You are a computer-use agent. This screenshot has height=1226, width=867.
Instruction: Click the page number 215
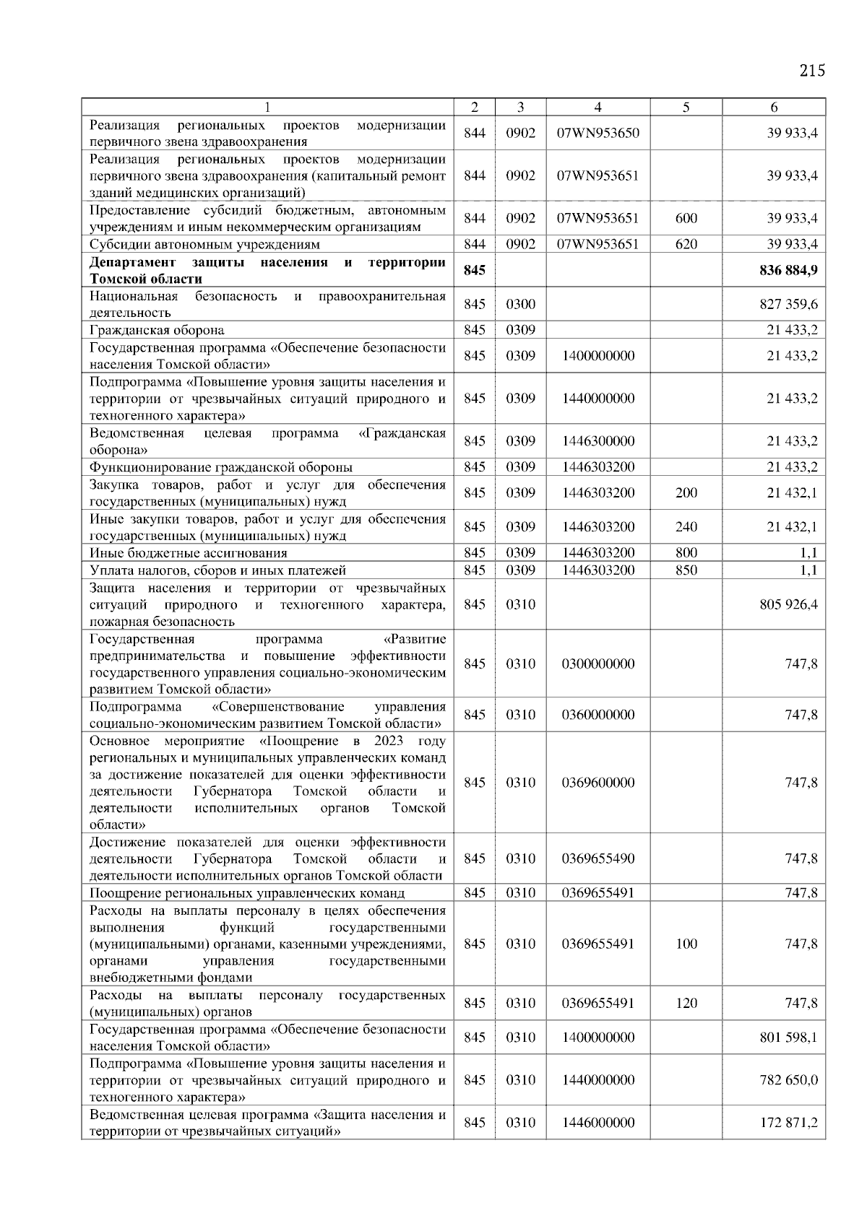(x=812, y=71)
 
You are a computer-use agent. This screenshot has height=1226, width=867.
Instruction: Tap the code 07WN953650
(x=598, y=133)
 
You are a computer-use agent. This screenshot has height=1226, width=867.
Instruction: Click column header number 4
(x=598, y=107)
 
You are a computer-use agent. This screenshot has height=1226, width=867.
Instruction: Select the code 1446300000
(x=598, y=441)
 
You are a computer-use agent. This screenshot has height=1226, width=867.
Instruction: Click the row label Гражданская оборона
(x=157, y=330)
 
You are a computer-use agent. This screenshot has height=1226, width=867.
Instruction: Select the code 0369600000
(x=598, y=783)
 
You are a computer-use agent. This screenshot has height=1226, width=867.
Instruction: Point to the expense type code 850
(x=686, y=570)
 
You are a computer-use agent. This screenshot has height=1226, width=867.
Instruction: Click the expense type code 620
(x=686, y=244)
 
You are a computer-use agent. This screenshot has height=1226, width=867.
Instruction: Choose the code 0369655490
(x=598, y=858)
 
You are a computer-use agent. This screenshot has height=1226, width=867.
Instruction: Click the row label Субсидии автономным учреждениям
(x=204, y=244)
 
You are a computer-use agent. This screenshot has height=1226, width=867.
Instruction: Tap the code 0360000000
(x=598, y=715)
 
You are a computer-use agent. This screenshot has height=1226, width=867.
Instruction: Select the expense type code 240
(x=686, y=527)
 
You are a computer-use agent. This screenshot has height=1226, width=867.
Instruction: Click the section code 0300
(x=520, y=304)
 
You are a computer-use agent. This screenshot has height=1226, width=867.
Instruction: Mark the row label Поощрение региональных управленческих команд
(x=247, y=893)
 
